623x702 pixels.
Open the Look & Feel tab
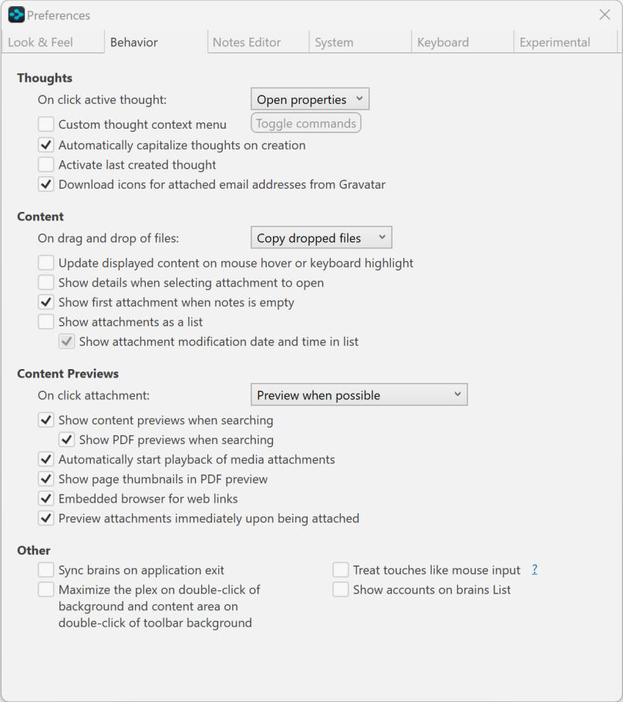41,42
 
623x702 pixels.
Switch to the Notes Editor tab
247,42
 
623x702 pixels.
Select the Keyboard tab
443,42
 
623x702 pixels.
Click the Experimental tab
555,42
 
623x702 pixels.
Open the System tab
334,42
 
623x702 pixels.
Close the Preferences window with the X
604,15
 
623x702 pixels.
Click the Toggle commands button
306,123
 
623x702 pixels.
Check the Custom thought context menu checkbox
46,124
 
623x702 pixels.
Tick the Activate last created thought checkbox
46,165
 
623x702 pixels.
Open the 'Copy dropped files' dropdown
322,238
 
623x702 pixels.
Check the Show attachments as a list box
46,322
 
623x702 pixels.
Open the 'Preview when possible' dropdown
359,395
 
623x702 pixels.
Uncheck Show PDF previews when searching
67,440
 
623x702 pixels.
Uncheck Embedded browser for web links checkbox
46,499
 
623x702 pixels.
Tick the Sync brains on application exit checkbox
46,570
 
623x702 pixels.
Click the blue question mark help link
534,570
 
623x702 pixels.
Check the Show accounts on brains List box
341,590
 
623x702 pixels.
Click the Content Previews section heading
68,374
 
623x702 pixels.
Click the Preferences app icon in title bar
16,15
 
